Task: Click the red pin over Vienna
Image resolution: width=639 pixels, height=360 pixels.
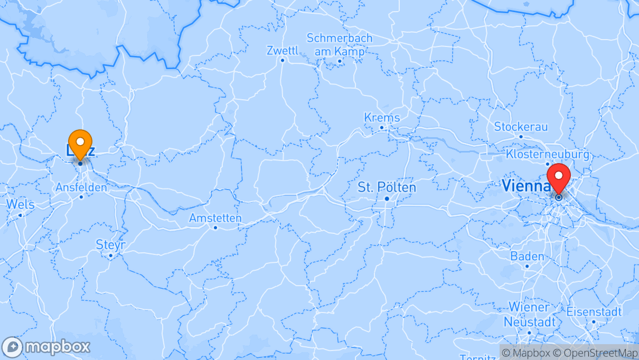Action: point(558,177)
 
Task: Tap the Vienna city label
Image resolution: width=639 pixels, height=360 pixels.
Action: point(526,186)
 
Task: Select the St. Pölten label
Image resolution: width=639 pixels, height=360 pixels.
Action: point(387,187)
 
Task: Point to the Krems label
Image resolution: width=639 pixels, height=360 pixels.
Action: point(382,117)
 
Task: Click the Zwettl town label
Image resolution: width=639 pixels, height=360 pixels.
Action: point(283,50)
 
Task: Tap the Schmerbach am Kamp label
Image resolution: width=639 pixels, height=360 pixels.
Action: point(340,45)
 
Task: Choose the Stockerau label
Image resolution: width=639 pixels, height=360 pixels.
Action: point(521,127)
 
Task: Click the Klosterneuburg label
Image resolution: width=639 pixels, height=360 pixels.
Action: point(547,154)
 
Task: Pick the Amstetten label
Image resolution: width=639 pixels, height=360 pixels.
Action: point(215,218)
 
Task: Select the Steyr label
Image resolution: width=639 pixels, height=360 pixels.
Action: point(110,245)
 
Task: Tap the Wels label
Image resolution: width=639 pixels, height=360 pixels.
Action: point(20,204)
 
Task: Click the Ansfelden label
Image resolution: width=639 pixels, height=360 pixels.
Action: point(81,187)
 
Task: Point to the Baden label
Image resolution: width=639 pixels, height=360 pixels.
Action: point(527,257)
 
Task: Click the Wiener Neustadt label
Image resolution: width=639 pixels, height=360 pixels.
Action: point(529,315)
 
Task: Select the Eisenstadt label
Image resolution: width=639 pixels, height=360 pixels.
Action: point(594,311)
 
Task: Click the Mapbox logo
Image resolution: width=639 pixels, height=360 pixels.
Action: point(46,347)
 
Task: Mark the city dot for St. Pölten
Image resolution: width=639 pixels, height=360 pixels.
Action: point(387,198)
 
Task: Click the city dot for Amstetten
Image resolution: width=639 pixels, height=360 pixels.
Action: point(215,228)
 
